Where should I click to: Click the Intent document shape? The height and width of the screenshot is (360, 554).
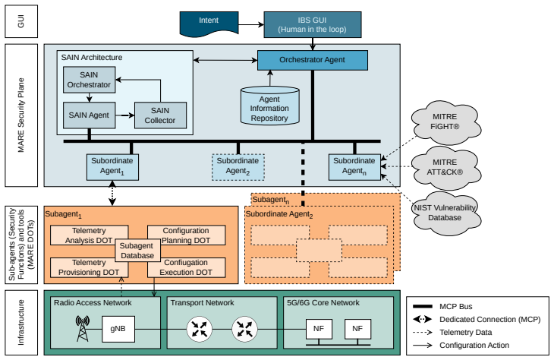(x=209, y=24)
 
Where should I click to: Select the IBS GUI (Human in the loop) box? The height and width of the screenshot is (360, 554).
(x=313, y=25)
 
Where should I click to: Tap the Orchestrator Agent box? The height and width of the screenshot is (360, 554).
(x=313, y=60)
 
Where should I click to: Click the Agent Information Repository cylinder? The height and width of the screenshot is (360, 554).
(x=270, y=106)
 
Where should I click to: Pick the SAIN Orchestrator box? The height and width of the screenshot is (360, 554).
(x=89, y=80)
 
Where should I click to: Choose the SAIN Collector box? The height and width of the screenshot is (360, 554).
(x=160, y=115)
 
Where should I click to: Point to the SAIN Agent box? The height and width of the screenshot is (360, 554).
(x=89, y=115)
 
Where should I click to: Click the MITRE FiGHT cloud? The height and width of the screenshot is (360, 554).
(x=445, y=122)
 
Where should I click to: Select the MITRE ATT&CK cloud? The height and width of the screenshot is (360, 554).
(x=445, y=168)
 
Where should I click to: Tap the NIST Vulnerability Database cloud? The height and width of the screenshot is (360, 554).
(x=445, y=213)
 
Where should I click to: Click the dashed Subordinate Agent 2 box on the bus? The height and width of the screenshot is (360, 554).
(x=238, y=167)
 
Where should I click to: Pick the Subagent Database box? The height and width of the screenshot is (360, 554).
(x=137, y=251)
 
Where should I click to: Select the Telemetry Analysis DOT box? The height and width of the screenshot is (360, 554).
(x=89, y=235)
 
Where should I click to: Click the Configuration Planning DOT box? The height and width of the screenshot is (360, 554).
(x=186, y=235)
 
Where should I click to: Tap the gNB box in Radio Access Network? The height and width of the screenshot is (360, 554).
(x=118, y=329)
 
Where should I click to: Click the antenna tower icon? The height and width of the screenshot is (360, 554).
(x=82, y=329)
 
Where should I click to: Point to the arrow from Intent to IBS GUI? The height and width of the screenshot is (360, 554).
(x=251, y=25)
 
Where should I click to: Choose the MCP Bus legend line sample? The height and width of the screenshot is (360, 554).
(x=423, y=306)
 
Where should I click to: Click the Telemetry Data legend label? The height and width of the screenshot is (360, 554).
(x=466, y=333)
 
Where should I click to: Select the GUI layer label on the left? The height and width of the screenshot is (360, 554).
(x=21, y=21)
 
